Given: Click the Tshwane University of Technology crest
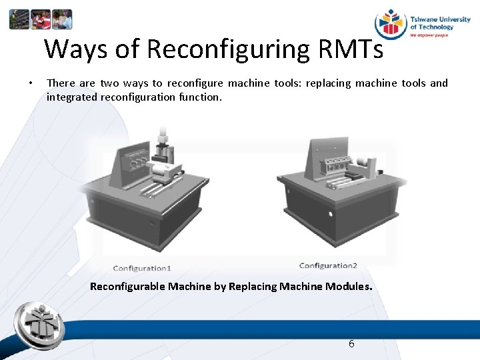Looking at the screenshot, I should click(x=390, y=24).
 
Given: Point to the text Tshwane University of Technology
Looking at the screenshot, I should click(x=439, y=23).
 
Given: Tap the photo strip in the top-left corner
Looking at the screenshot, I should click(x=40, y=19).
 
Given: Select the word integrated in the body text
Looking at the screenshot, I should click(x=71, y=97).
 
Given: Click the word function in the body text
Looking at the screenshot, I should click(x=200, y=97).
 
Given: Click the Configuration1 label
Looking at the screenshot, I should click(x=142, y=268).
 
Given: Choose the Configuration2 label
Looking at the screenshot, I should click(x=328, y=266).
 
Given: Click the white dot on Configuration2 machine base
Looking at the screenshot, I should click(x=331, y=214).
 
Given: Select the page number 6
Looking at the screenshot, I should click(x=351, y=344).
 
